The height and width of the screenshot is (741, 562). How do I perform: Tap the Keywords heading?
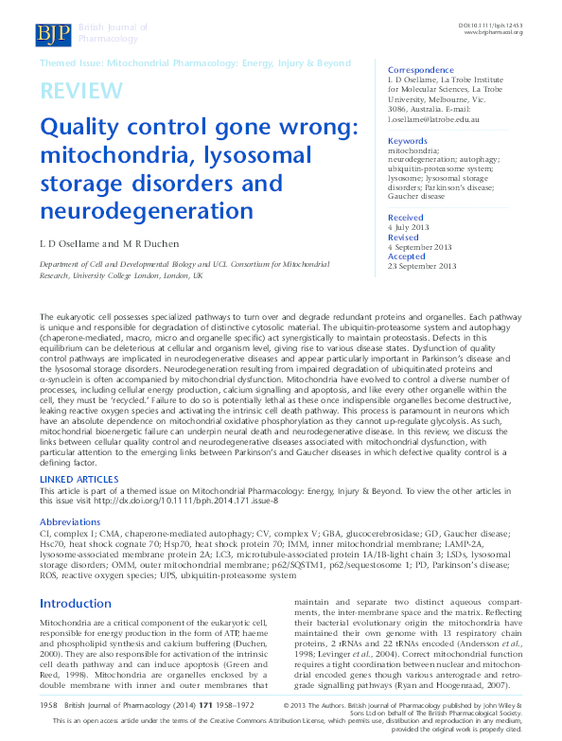408,140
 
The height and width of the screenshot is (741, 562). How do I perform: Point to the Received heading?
406,218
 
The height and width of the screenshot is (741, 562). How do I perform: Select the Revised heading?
404,238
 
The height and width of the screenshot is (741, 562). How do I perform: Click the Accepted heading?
407,256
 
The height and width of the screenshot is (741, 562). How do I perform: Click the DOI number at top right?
491,24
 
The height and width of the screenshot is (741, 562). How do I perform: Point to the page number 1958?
51,706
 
